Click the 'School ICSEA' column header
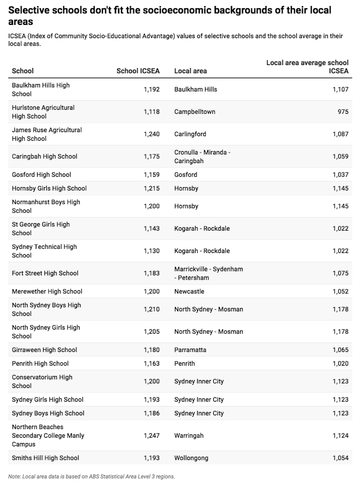(138, 71)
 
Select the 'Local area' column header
(190, 71)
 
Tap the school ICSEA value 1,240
(152, 134)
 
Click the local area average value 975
(343, 112)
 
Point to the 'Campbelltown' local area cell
(195, 112)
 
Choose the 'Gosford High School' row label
(41, 175)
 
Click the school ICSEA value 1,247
(152, 435)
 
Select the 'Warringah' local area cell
(189, 435)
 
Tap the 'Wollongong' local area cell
(191, 458)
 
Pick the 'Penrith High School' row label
(40, 364)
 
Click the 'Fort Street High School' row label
(45, 273)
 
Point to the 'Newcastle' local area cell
(189, 292)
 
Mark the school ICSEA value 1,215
(152, 188)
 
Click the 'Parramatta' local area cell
(190, 350)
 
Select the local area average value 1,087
(340, 134)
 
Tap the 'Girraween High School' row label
(44, 350)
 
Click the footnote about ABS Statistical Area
(91, 477)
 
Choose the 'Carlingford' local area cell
(190, 134)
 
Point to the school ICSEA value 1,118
(152, 112)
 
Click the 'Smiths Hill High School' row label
(45, 458)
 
